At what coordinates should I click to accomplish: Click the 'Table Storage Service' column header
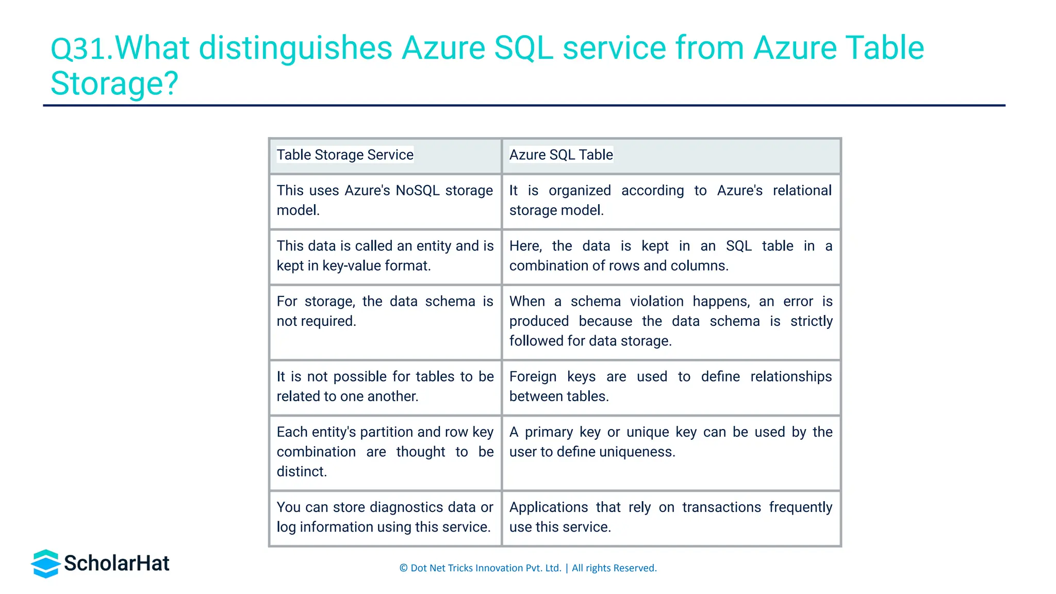tap(344, 155)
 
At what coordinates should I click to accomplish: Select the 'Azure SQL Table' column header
tap(560, 155)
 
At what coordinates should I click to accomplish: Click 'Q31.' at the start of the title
tap(81, 48)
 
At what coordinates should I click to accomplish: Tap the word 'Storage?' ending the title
tap(114, 84)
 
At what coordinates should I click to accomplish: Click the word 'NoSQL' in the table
tap(417, 190)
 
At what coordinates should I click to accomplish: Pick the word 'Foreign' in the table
tap(533, 376)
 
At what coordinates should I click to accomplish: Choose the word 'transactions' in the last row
tap(721, 507)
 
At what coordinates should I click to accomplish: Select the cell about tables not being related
tap(385, 387)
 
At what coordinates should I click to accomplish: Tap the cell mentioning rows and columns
tap(670, 256)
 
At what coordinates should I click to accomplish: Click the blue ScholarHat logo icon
tap(46, 564)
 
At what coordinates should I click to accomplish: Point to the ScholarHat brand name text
tap(117, 564)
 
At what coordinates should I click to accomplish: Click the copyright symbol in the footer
tap(403, 568)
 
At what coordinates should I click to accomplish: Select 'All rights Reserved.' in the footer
tap(614, 568)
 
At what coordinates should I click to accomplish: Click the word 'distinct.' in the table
tap(302, 471)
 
